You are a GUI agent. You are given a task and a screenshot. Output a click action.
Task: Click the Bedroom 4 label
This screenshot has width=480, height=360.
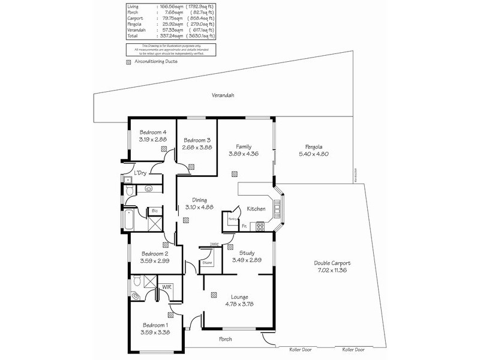tap(153, 132)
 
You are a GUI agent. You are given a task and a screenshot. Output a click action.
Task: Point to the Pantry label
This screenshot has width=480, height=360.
tap(232, 220)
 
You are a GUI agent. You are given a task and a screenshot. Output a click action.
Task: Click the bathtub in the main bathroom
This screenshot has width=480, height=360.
tap(129, 221)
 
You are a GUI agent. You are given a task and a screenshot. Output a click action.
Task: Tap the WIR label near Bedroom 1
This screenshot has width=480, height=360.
tap(167, 287)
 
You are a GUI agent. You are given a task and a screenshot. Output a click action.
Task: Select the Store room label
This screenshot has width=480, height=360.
tap(207, 263)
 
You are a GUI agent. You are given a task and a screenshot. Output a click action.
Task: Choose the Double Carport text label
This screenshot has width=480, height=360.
tap(332, 263)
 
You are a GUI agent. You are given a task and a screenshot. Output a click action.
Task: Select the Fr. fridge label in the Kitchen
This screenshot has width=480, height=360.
tap(245, 226)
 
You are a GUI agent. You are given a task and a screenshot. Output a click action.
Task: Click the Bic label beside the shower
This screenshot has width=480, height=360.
tap(154, 211)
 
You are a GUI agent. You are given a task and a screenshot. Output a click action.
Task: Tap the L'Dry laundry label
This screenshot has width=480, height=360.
tap(140, 173)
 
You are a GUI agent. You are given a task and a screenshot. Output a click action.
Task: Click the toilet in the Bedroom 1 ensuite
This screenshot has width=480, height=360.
tap(137, 281)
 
